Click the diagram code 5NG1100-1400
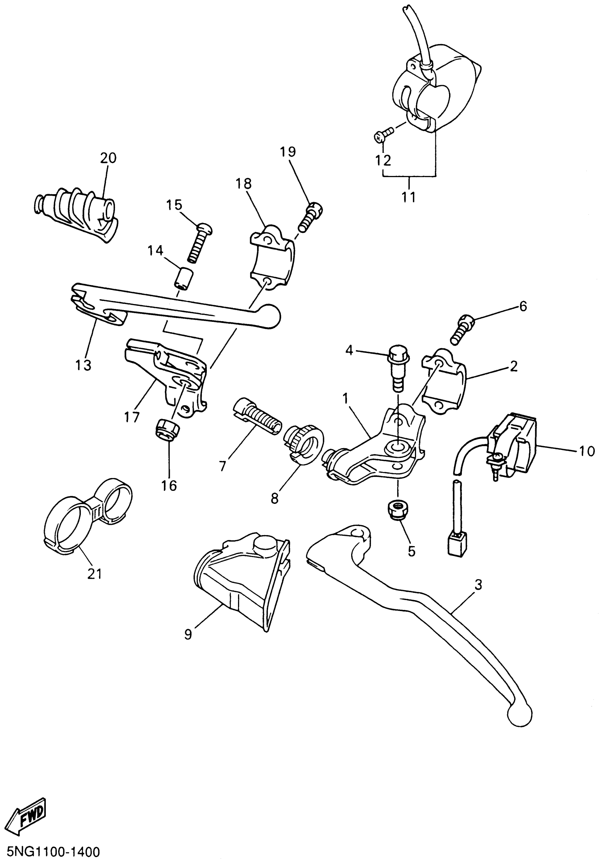[x=50, y=851]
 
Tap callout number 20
[x=108, y=158]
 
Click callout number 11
[x=409, y=197]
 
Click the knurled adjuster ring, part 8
[x=303, y=443]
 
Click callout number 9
[x=188, y=634]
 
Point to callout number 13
[x=83, y=364]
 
